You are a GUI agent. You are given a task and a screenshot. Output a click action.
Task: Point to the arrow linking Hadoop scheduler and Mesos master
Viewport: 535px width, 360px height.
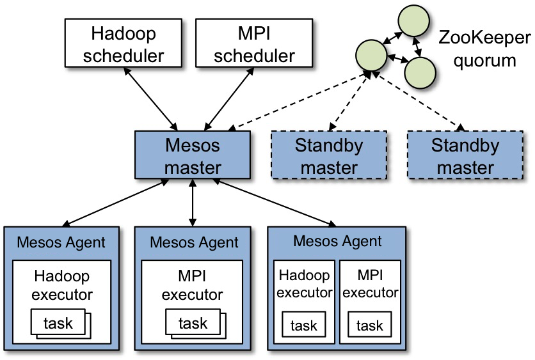[x=152, y=97]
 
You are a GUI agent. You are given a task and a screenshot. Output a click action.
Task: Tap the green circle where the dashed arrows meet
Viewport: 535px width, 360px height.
[x=373, y=55]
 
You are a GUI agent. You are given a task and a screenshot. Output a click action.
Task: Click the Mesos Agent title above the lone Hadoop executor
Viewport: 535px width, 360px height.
[x=61, y=242]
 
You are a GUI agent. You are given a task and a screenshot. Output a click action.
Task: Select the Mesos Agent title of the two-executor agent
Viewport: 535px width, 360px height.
[x=337, y=241]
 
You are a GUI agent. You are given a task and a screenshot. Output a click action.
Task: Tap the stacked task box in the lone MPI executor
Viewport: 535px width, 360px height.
[x=193, y=324]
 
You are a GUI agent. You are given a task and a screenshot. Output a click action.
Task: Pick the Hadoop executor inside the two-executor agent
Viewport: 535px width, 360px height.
[x=304, y=285]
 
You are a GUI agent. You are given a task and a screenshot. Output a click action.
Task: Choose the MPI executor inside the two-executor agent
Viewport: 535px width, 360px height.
[x=370, y=285]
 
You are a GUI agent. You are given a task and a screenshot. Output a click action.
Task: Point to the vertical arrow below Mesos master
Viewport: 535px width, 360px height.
[x=193, y=203]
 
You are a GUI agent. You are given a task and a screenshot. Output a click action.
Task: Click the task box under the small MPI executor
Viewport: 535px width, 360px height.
[x=370, y=326]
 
